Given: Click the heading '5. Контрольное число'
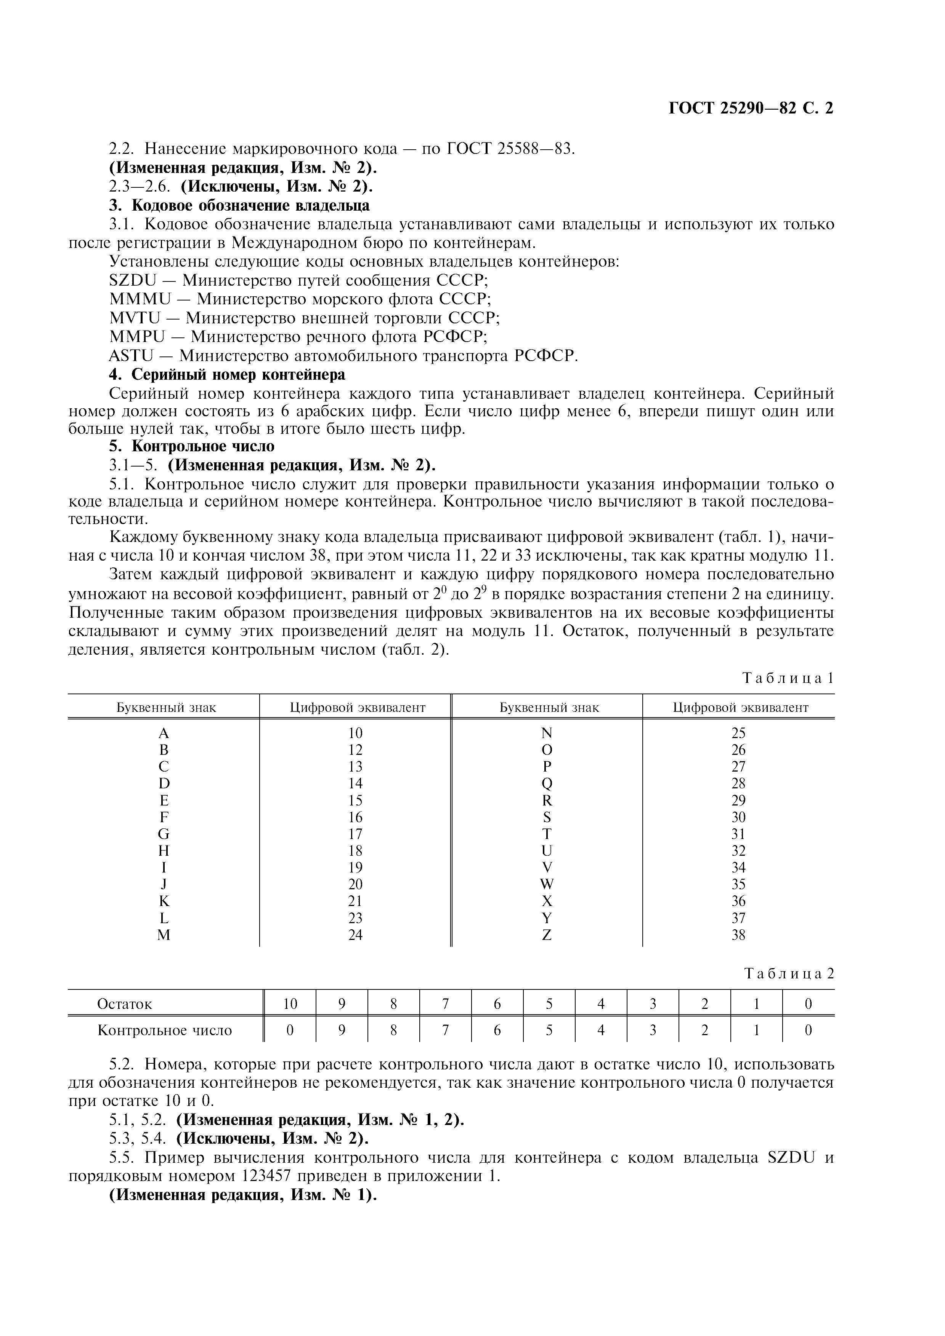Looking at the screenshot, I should click(192, 446).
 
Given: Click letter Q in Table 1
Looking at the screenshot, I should click(547, 783).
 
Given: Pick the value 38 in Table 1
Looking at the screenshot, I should click(738, 935).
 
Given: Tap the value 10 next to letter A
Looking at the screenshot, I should click(355, 733).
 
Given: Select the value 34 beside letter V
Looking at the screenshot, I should click(738, 868).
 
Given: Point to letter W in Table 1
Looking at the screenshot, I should click(547, 884).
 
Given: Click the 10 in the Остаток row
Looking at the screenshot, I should click(290, 1004).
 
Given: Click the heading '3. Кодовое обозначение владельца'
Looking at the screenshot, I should click(239, 205).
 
